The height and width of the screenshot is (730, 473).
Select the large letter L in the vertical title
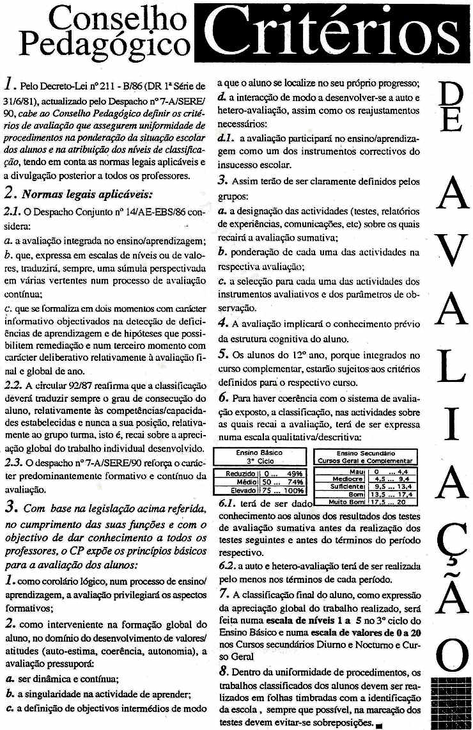pos(451,372)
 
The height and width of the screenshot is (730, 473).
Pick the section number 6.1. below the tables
pos(228,503)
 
